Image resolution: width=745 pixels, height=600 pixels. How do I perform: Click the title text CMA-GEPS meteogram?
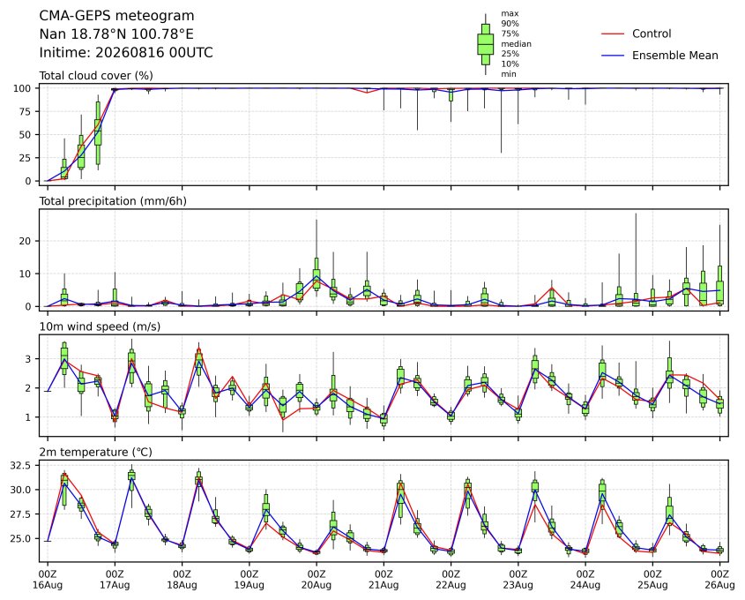[116, 16]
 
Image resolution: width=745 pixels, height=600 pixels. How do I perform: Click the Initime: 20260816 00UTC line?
[126, 52]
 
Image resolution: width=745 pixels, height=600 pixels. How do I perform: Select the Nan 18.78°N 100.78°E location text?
[116, 34]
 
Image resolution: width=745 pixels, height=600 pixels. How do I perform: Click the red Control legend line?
[613, 34]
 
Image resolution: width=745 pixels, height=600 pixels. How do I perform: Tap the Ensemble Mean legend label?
[674, 56]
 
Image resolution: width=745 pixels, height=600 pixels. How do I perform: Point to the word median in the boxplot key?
[516, 44]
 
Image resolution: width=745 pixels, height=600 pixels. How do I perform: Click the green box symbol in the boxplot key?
[485, 44]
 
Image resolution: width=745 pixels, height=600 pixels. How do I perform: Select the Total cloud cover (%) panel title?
[96, 76]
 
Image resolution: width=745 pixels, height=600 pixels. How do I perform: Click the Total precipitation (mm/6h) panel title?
[113, 201]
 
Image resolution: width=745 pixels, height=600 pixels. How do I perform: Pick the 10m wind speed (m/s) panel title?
[100, 326]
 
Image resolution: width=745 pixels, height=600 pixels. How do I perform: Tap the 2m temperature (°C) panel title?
[95, 452]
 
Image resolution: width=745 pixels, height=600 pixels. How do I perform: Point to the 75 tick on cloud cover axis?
[26, 112]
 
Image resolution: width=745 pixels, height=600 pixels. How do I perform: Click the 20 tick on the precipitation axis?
[26, 241]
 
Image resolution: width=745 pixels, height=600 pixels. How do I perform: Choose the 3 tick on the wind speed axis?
[28, 359]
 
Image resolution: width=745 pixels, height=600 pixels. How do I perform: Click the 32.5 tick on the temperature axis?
[21, 465]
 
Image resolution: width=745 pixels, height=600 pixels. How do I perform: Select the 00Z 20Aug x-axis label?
[317, 580]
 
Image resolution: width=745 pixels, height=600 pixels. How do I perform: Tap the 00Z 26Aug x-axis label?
[719, 580]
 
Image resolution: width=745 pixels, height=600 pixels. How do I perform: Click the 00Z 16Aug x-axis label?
[48, 580]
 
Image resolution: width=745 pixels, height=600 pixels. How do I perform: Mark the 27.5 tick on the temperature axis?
[21, 514]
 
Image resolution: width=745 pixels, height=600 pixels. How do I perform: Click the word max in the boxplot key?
[510, 14]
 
